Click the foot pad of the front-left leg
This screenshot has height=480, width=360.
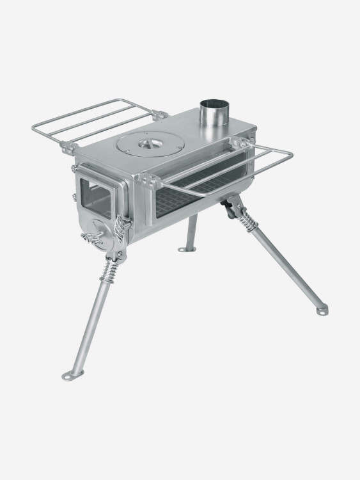[70, 374]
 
